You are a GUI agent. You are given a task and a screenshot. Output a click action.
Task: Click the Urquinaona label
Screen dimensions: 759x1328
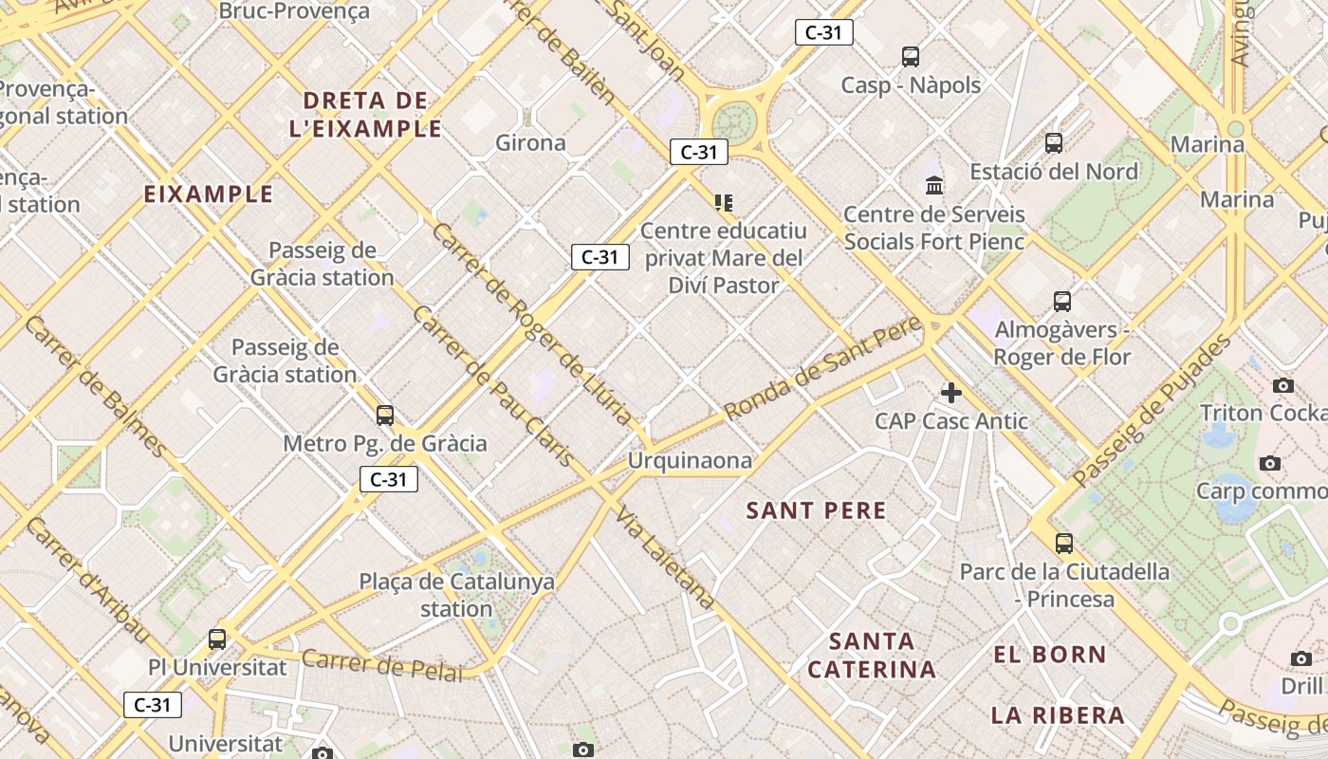pos(690,462)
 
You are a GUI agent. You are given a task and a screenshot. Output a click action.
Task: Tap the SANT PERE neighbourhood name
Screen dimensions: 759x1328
pos(816,511)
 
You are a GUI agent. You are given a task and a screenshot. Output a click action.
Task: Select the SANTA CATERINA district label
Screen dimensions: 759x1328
pos(872,656)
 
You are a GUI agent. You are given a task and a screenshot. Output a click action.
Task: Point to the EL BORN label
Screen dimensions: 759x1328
pos(1049,655)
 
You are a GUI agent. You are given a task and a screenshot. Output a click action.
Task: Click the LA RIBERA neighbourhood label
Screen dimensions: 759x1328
pos(1058,715)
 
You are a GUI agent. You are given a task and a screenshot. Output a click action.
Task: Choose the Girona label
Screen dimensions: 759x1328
pos(530,143)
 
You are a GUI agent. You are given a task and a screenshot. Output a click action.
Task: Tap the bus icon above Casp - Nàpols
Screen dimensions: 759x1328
pos(911,57)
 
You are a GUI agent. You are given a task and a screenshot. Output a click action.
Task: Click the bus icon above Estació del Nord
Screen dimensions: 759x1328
pos(1054,143)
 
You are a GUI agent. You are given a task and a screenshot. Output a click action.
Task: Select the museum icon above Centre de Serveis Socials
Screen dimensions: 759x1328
pos(934,185)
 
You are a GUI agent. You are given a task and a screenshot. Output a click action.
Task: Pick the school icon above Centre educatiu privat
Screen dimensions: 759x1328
pos(724,202)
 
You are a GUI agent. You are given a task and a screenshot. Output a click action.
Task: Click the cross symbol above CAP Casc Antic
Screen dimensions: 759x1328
pos(950,393)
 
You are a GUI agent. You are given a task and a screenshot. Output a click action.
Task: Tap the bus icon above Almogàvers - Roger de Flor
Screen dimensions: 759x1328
pos(1062,302)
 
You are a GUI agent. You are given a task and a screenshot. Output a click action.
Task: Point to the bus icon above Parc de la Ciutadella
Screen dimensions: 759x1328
pos(1064,544)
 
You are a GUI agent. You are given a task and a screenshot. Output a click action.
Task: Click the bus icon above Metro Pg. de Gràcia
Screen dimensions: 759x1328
pos(385,415)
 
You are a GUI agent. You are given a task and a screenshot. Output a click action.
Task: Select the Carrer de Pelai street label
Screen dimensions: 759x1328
pos(383,665)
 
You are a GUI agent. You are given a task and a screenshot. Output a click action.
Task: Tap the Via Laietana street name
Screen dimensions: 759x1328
pos(665,557)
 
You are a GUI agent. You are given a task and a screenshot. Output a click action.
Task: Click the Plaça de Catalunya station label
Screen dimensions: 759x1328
pos(456,595)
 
